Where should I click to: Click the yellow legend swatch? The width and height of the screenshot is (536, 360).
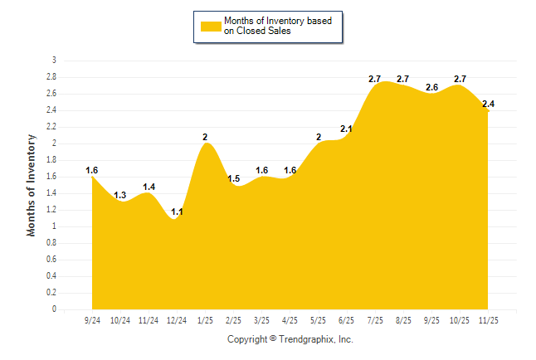point(211,27)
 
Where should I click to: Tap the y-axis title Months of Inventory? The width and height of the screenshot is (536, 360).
point(32,185)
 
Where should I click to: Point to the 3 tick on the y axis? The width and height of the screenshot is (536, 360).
point(54,61)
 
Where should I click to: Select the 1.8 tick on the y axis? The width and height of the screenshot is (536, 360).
point(51,160)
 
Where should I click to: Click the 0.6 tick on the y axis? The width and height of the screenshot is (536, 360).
point(51,260)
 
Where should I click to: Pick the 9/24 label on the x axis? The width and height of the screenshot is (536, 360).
point(92,319)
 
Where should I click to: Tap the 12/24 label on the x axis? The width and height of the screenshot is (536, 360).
point(177,319)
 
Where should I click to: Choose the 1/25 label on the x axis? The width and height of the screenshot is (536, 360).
point(205,319)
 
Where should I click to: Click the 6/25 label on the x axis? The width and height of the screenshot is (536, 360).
point(346,319)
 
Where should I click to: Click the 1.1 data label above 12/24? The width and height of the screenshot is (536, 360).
point(177,212)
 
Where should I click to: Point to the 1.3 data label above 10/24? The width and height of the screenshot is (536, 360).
point(120,196)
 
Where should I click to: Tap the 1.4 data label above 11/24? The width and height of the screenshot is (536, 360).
point(149,187)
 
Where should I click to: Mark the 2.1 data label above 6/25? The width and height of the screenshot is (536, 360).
point(346,129)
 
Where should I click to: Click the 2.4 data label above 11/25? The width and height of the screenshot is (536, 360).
point(488,104)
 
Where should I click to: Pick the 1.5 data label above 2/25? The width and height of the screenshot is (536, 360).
point(234,179)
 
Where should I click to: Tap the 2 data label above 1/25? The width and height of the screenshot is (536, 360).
point(205,137)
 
